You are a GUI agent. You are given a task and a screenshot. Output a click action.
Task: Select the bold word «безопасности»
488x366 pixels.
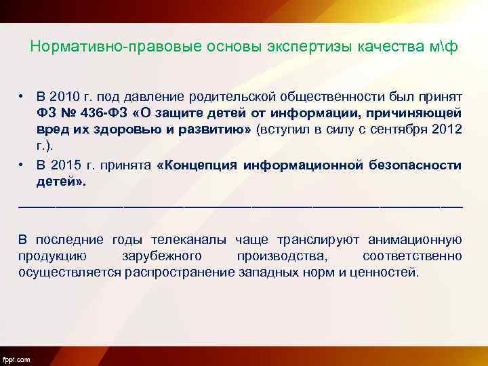[x=418, y=165]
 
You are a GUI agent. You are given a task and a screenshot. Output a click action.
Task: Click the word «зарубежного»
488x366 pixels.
[x=161, y=256]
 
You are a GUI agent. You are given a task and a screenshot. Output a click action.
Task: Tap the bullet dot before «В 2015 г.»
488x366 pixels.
[x=22, y=165]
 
